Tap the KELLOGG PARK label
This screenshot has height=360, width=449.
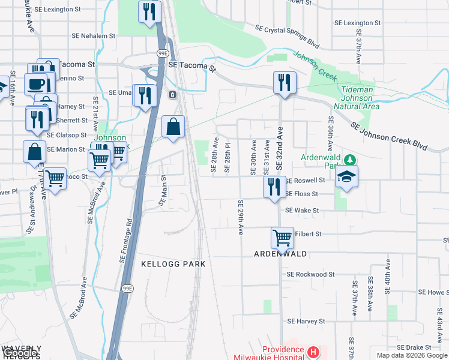[173, 264]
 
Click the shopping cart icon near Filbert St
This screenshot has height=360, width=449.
[282, 237]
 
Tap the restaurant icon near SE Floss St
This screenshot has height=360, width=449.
[274, 187]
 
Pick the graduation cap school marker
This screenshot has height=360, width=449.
[347, 176]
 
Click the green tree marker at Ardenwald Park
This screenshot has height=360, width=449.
[354, 160]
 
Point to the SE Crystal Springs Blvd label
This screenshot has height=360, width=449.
[287, 37]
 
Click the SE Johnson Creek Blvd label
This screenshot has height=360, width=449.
[389, 137]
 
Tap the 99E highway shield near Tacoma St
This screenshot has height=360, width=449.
[163, 53]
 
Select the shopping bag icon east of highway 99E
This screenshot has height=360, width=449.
[173, 127]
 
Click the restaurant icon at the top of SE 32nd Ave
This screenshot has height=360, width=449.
[284, 82]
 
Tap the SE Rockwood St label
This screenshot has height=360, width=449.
[310, 274]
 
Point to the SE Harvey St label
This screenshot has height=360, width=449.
[307, 321]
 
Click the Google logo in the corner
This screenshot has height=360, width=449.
[19, 353]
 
